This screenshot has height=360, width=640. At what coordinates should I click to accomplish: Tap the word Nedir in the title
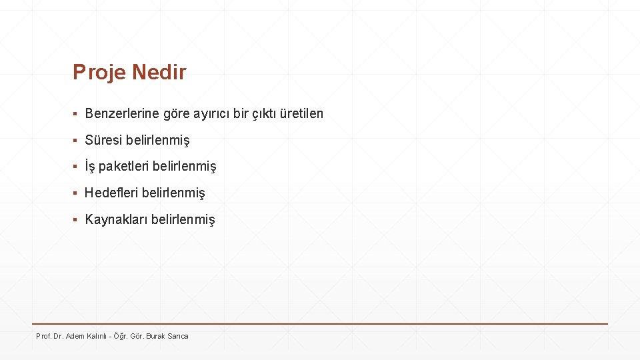tap(159, 72)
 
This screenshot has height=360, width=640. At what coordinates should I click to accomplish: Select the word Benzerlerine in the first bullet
tap(122, 113)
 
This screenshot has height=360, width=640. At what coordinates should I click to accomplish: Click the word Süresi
tap(103, 140)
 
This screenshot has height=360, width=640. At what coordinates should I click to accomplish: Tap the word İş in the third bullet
tap(90, 166)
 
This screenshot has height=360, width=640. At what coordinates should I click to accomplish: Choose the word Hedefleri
tap(110, 193)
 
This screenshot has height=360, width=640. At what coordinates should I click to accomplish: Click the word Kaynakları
tap(116, 219)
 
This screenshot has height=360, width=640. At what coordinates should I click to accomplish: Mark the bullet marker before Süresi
tap(76, 141)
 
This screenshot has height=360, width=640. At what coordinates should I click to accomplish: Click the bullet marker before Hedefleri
tap(76, 193)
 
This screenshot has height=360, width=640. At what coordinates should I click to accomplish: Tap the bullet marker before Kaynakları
tap(76, 220)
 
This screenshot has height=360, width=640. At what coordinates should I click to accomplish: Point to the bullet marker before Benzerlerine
tap(76, 114)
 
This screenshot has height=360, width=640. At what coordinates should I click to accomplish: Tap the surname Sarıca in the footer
tap(179, 336)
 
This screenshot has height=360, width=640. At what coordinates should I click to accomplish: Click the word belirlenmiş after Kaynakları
tap(183, 219)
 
